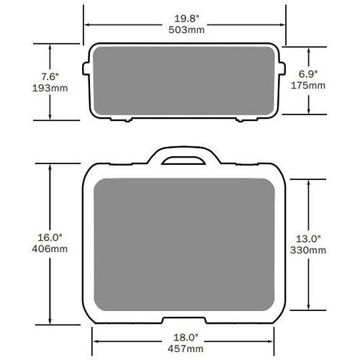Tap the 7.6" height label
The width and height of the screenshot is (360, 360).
pyautogui.click(x=50, y=73)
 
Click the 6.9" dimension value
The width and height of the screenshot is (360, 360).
pyautogui.click(x=310, y=73)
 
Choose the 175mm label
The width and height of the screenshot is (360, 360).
pyautogui.click(x=310, y=86)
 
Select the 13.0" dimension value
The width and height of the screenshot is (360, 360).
pyautogui.click(x=310, y=238)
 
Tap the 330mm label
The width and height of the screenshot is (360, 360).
pyautogui.click(x=310, y=250)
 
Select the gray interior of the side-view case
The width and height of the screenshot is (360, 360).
pyautogui.click(x=184, y=81)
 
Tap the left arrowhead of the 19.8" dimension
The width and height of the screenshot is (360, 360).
pyautogui.click(x=88, y=23)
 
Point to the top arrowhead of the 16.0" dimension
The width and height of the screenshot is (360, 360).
pyautogui.click(x=50, y=165)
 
